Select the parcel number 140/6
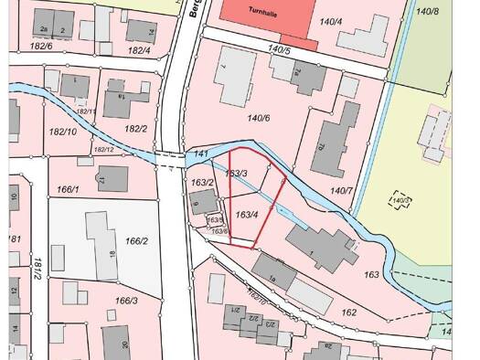tap(259, 118)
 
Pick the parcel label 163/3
tap(237, 173)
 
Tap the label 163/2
tap(202, 184)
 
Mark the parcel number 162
tap(348, 312)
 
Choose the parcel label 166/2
tap(136, 241)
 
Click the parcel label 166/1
tap(69, 189)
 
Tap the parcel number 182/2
tap(136, 129)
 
